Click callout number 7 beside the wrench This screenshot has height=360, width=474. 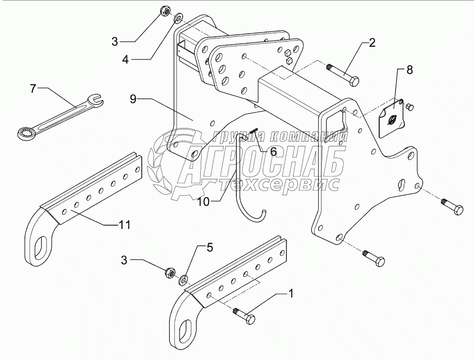pyautogui.click(x=33, y=88)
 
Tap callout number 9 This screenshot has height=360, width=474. pyautogui.click(x=133, y=98)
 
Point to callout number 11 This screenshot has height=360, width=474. pyautogui.click(x=124, y=224)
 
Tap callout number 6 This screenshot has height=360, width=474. pyautogui.click(x=273, y=151)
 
